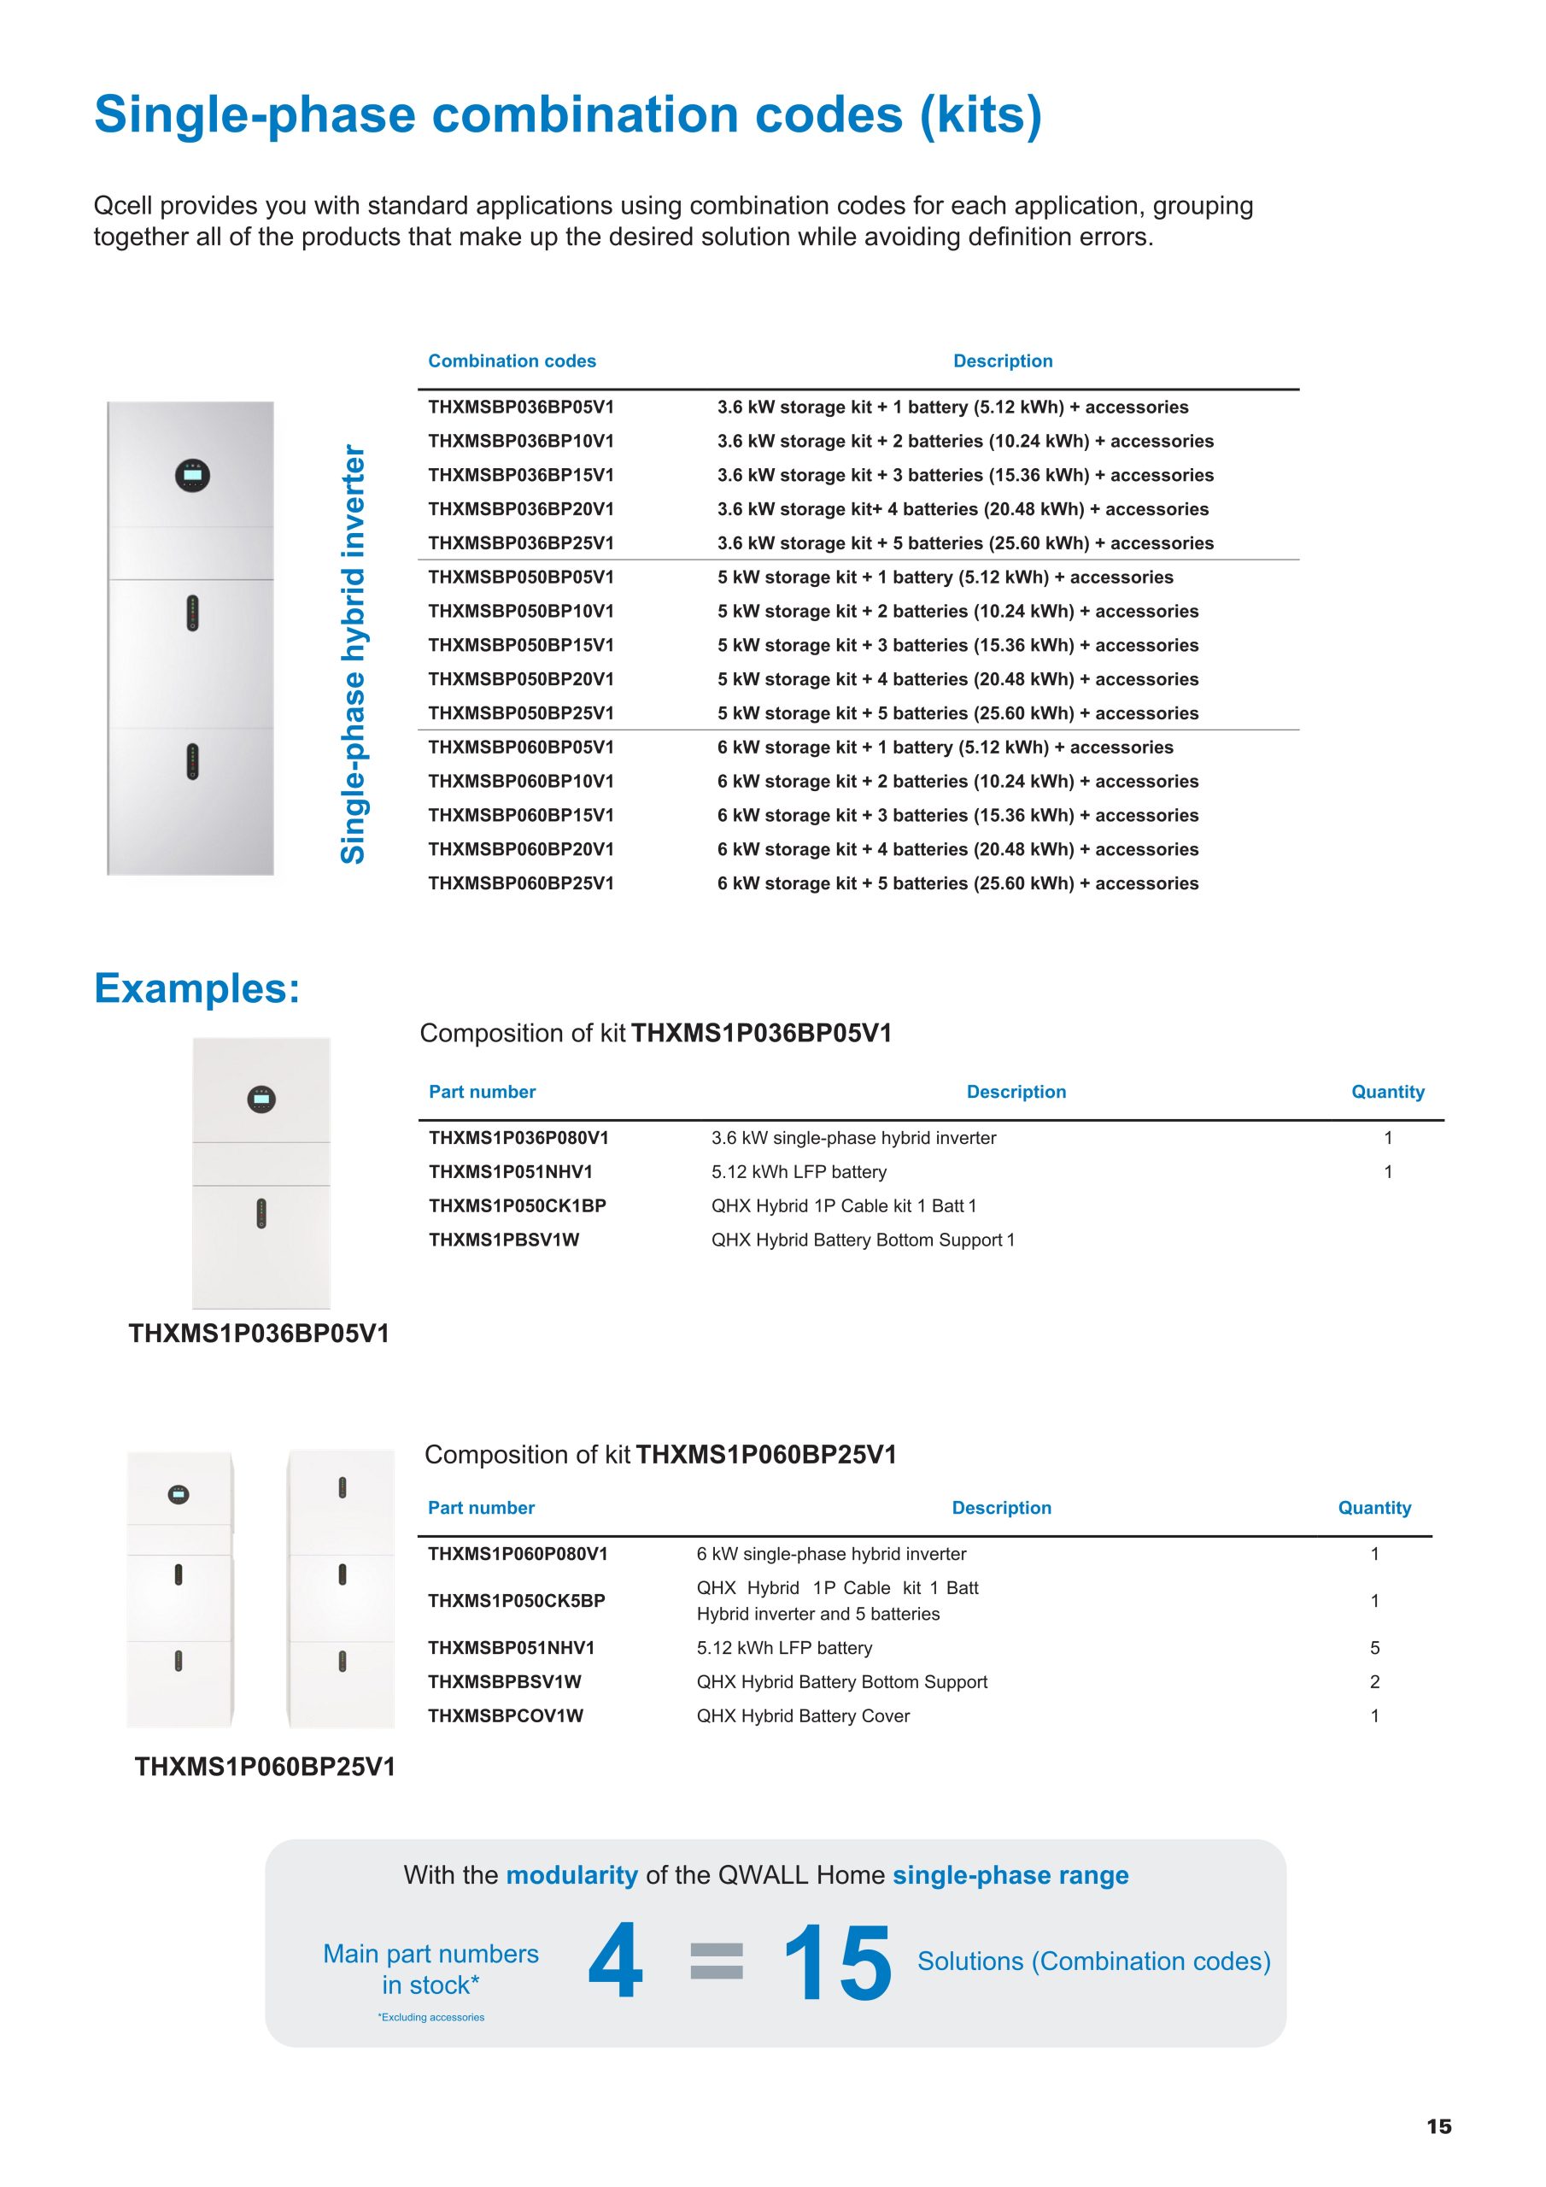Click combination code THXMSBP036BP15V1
521,474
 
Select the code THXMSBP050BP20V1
521,679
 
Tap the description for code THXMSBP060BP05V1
945,747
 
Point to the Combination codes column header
512,361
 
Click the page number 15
1438,2126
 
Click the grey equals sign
717,1961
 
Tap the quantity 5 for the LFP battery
1374,1648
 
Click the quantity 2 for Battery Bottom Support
1374,1682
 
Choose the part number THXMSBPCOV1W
505,1715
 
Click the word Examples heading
196,988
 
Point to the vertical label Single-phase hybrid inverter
354,654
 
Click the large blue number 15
837,1962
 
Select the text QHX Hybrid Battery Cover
803,1715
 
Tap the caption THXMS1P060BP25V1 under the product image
265,1767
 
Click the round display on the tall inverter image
192,474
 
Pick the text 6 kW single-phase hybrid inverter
830,1554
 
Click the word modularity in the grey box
571,1874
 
